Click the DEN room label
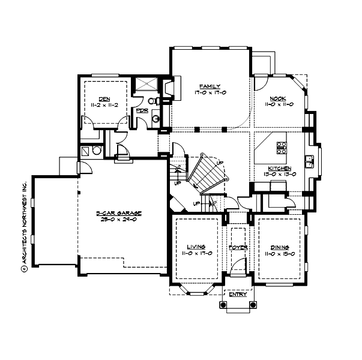tap(104, 98)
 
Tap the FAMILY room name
tap(210, 86)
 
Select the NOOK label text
tap(277, 98)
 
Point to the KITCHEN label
tap(280, 168)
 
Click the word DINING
tap(280, 247)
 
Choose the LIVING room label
tap(196, 247)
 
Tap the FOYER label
tap(238, 247)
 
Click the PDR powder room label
tap(142, 110)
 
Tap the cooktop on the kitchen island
tap(281, 145)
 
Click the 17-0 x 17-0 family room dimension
tap(210, 92)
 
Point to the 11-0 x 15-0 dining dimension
tap(280, 254)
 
